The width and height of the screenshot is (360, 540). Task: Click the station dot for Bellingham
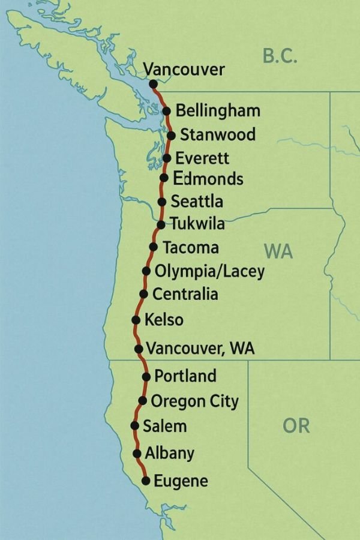point(166,110)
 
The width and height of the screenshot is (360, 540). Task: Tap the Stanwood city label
point(217,134)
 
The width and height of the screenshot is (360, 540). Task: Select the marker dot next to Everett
point(167,158)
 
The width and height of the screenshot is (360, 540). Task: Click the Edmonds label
point(208,179)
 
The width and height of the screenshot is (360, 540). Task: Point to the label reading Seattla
point(197,202)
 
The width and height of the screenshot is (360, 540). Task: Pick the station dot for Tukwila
point(161,225)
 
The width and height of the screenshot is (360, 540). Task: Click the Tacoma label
point(191,247)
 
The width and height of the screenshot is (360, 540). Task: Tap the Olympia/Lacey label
point(209,271)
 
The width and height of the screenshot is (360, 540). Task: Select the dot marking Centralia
point(143,294)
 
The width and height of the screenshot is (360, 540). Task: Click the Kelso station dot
point(136,319)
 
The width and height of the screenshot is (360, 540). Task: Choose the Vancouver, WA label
point(200,349)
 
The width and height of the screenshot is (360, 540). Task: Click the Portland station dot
point(146,376)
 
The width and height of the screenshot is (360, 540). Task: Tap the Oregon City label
point(194,401)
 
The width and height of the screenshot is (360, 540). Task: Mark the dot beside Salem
point(134,425)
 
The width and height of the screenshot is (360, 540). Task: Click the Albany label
point(170,453)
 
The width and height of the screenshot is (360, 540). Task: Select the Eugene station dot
point(145,481)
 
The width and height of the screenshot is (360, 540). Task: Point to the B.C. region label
point(281,56)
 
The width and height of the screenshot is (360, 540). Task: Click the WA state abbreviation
point(278,251)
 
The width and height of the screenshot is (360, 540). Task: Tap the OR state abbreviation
point(296,425)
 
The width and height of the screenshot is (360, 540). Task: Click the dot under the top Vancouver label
point(153,84)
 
